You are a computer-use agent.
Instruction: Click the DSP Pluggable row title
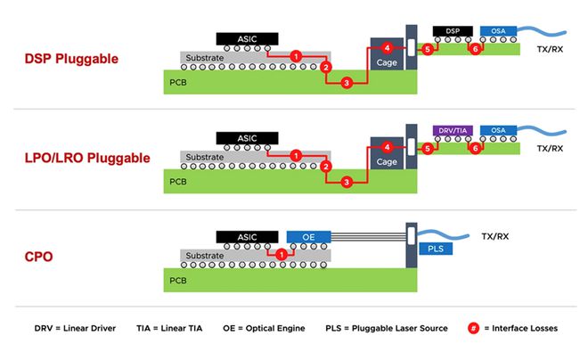click(71, 60)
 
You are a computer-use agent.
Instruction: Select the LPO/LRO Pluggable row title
click(87, 159)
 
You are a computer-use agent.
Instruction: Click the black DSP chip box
click(453, 31)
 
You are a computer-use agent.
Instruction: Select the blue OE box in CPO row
click(308, 236)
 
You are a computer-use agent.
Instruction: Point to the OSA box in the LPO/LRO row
click(497, 131)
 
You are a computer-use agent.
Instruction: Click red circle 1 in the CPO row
click(282, 255)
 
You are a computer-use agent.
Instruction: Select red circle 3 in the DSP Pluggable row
click(347, 83)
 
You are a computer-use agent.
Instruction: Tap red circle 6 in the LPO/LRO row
click(475, 149)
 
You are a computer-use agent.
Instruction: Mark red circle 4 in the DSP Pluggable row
click(386, 47)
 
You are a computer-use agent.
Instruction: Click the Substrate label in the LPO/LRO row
click(205, 157)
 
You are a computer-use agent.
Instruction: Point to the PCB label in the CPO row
click(180, 280)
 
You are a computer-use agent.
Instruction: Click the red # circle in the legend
click(473, 328)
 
